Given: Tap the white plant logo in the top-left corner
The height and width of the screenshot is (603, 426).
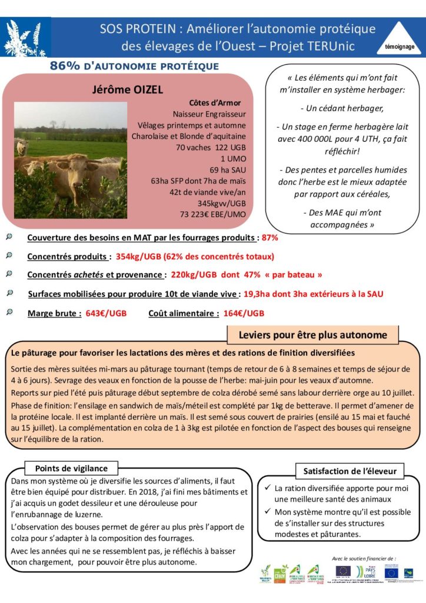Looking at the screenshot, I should pos(25,38).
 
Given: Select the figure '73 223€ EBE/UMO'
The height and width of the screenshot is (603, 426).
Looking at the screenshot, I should pos(212,214).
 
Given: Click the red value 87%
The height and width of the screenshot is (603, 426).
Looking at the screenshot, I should pos(270,238).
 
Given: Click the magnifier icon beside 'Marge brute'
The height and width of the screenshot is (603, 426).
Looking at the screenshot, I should pos(9,312).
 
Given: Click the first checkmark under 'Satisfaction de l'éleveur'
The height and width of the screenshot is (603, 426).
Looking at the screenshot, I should pos(268,488).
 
